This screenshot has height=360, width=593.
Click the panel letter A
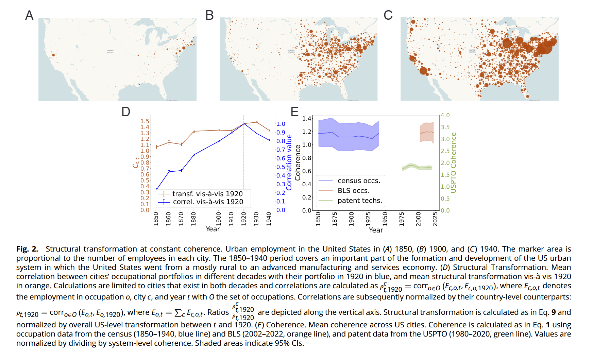[29, 15]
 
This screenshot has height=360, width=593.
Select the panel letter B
[209, 15]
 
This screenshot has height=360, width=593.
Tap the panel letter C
[388, 15]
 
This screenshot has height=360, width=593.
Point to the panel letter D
[126, 112]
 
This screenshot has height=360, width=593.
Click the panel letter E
[294, 112]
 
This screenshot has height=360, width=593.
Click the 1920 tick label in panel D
[244, 219]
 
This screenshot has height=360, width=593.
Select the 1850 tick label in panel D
[156, 219]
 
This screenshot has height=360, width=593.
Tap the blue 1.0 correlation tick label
[281, 124]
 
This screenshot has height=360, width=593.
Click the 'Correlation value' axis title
[289, 162]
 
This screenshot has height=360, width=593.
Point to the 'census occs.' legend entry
[359, 181]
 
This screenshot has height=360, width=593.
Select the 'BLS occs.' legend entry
[353, 191]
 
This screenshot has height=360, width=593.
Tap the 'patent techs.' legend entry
[360, 201]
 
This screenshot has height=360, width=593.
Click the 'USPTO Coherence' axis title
[454, 162]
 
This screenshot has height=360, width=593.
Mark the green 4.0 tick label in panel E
[445, 115]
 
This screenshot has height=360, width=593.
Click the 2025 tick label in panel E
[435, 219]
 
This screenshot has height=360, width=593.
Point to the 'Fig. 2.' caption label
[27, 249]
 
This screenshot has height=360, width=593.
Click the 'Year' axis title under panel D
[213, 229]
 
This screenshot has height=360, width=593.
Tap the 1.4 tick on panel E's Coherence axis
[307, 119]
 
